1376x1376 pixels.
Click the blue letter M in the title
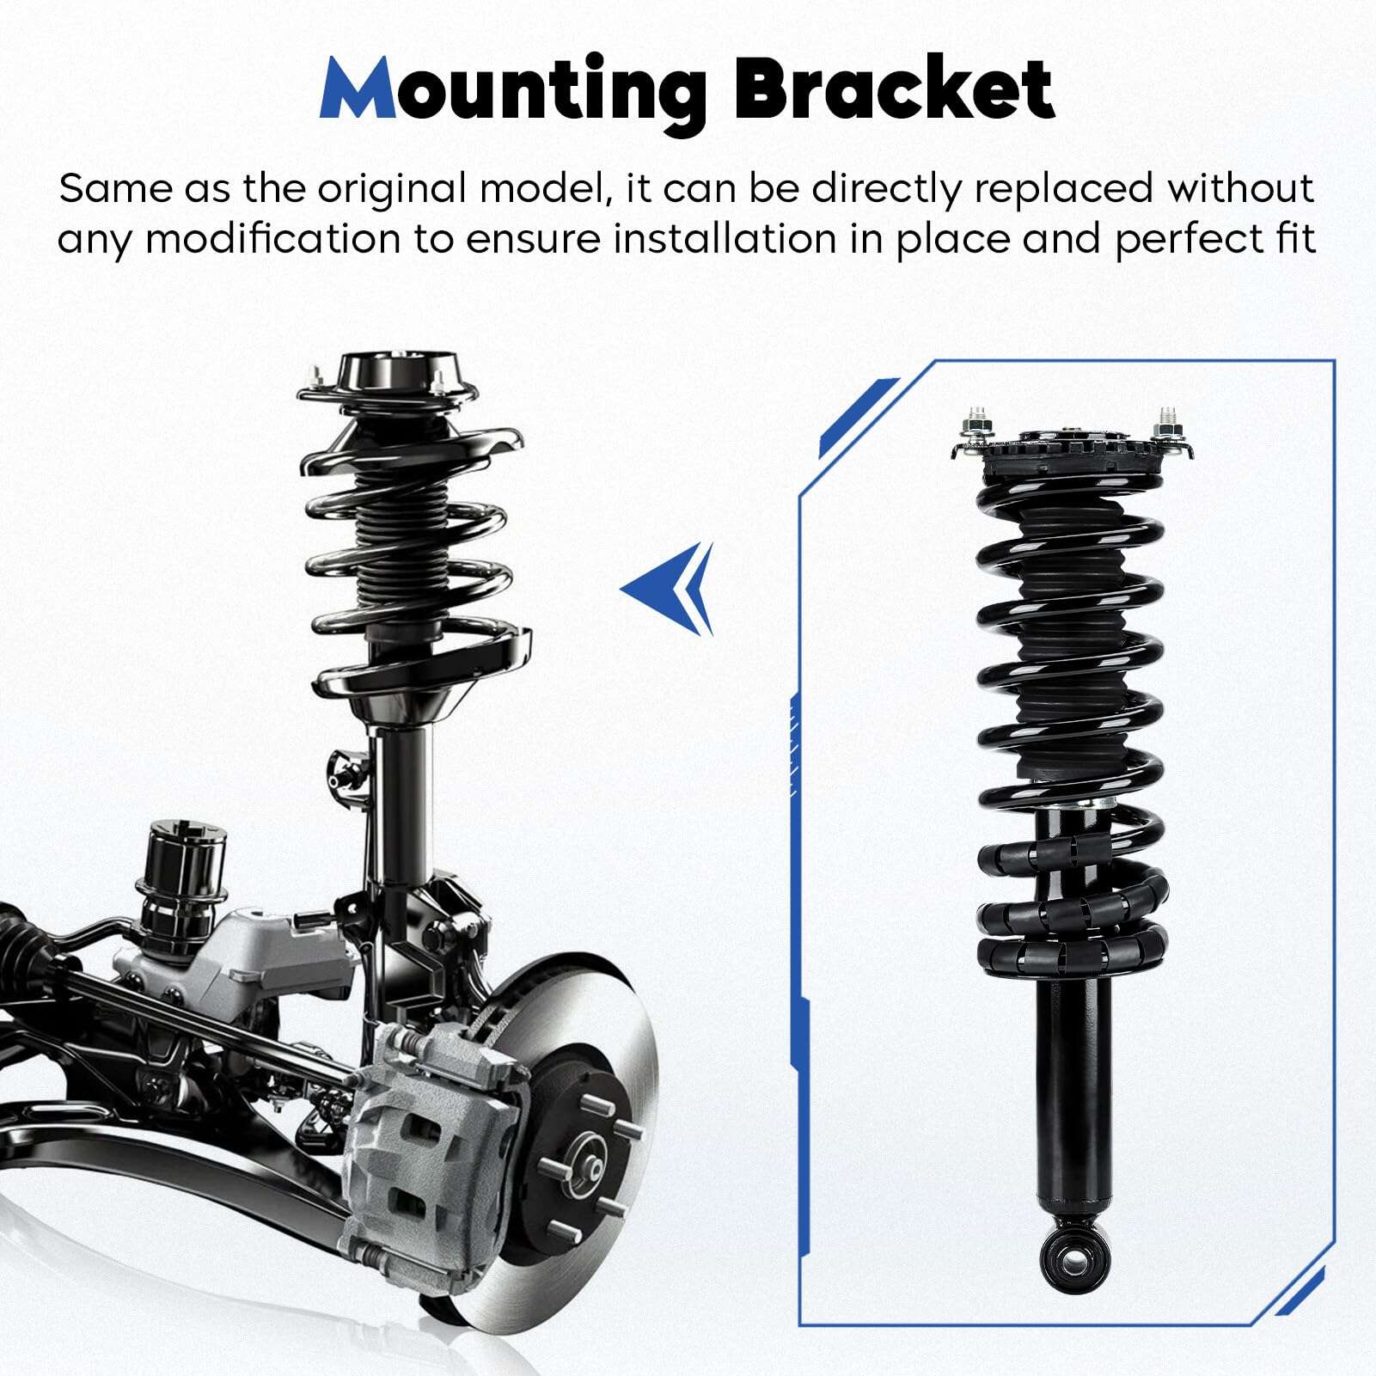358,89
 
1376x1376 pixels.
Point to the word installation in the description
725,239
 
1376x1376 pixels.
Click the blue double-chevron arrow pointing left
668,589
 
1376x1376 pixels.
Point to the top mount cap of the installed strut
388,377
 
